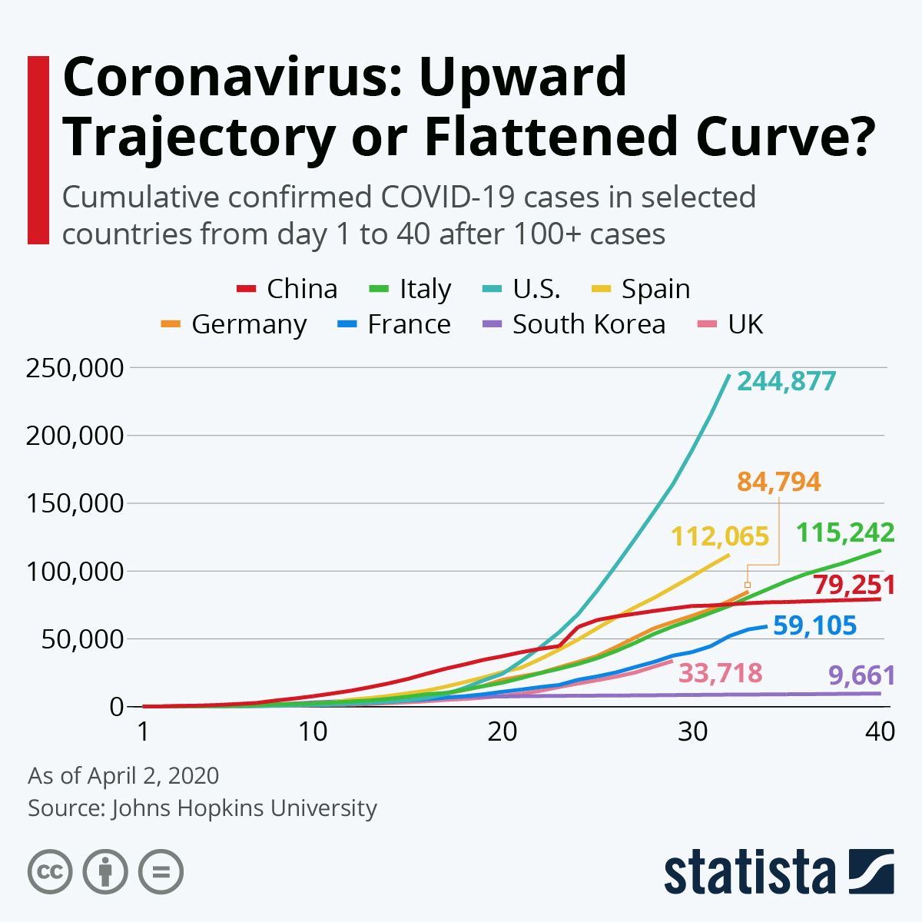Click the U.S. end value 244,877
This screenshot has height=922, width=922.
[x=786, y=381]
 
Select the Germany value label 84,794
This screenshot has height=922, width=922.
[x=778, y=482]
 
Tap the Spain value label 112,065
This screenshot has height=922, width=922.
[x=720, y=536]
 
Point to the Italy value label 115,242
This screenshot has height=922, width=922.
[x=845, y=532]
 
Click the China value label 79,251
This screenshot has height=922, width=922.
[x=854, y=585]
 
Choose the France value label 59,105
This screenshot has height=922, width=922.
[x=814, y=626]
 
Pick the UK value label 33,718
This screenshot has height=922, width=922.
[x=721, y=674]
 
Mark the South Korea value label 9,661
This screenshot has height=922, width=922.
[x=861, y=676]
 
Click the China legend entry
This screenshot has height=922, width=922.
[x=287, y=289]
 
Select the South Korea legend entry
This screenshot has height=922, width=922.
[x=574, y=324]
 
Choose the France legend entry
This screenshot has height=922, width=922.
[x=395, y=324]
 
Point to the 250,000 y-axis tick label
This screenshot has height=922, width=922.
[x=75, y=368]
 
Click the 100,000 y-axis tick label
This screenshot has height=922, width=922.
[x=75, y=572]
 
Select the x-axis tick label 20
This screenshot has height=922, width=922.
[x=502, y=731]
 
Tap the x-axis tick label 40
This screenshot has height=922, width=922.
[x=880, y=731]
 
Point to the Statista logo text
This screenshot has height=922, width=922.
[x=749, y=872]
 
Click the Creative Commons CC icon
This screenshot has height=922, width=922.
[x=50, y=872]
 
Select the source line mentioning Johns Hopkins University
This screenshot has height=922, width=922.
[x=202, y=808]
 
